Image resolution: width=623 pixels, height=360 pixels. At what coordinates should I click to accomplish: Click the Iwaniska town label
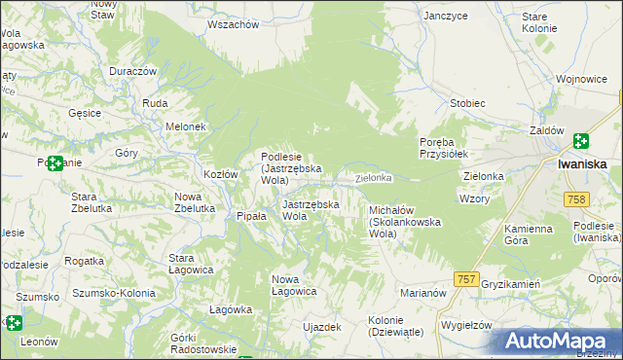pos(583,163)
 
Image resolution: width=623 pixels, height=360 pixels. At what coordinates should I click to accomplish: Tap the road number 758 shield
pos(575,199)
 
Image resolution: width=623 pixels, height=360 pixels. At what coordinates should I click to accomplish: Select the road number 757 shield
pos(466,279)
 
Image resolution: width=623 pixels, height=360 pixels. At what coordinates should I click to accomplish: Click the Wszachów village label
pos(234,24)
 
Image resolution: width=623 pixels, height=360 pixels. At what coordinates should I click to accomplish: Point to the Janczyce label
pos(447,16)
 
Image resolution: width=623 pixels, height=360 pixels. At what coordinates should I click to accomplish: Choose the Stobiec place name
pos(467,102)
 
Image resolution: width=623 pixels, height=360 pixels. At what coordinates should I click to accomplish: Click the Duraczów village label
pos(133,72)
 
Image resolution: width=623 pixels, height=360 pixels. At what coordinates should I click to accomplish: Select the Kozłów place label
pos(221,174)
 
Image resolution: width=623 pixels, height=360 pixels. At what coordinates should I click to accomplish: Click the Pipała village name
pos(251,216)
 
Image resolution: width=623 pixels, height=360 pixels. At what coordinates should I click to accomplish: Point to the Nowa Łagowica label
pos(294,285)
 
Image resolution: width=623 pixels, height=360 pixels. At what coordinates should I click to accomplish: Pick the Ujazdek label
pos(322,327)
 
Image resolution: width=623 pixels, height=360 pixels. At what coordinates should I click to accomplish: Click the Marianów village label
pos(422,292)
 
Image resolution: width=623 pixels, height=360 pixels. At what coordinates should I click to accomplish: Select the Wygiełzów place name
pos(466,323)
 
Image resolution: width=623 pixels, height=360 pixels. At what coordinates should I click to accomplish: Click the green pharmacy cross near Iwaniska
pos(581,142)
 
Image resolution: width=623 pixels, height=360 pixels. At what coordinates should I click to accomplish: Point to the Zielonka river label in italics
pos(373,178)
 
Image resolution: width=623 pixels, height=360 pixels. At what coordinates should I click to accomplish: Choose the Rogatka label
pos(84,261)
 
